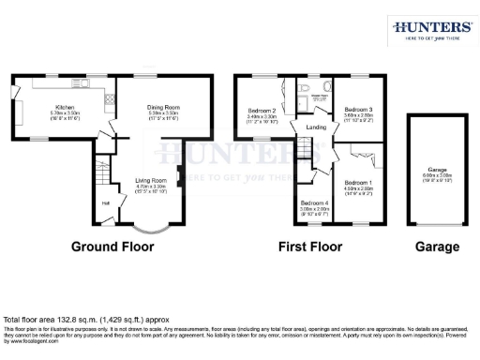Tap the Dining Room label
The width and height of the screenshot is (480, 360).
click(163, 108)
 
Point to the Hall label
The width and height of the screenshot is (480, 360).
click(105, 202)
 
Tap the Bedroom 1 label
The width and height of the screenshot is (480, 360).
click(357, 182)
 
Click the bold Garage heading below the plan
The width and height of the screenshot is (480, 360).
click(438, 247)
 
